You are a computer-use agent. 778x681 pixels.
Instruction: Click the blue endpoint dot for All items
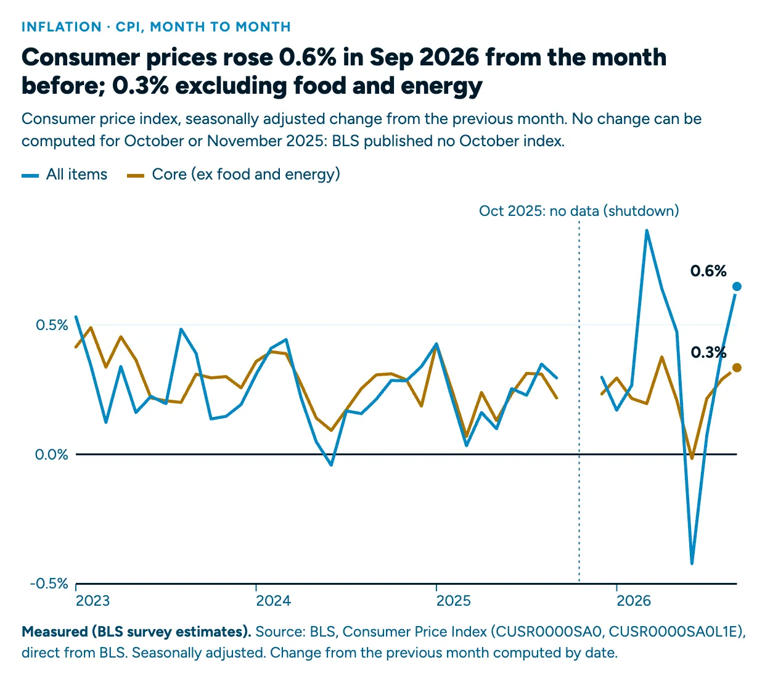point(737,286)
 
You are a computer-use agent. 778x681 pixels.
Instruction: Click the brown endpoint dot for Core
point(737,368)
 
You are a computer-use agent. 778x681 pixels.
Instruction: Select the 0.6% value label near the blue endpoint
point(708,271)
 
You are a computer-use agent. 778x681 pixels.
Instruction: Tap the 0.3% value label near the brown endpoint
point(708,353)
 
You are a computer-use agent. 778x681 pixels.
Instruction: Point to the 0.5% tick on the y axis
point(52,325)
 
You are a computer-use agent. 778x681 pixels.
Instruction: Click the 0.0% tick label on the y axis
point(51,454)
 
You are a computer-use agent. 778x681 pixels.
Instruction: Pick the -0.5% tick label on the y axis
point(49,583)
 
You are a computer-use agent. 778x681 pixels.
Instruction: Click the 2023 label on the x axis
point(93,601)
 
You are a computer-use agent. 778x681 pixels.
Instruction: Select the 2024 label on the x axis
point(273,601)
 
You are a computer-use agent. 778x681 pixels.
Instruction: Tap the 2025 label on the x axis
point(453,601)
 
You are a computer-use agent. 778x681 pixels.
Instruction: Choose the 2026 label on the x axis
point(634,601)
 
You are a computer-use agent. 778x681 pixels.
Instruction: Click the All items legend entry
point(65,174)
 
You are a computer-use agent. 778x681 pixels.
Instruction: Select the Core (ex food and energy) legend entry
point(234,174)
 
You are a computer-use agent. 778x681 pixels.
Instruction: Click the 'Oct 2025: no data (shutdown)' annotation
point(579,211)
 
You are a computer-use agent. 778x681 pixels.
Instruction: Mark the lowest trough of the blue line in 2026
point(692,563)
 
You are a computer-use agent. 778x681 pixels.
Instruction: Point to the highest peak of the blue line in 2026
point(647,231)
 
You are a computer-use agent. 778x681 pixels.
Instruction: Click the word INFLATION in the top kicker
point(62,27)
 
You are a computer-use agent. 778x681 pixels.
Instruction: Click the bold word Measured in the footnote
point(55,632)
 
